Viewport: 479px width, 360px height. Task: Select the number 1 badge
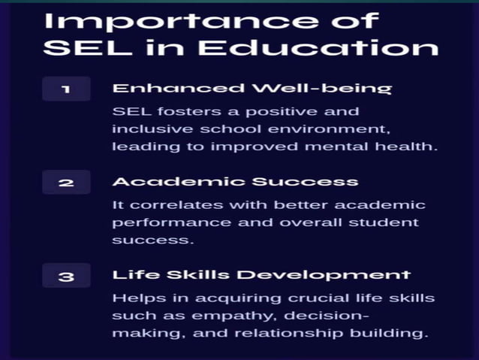[66, 89]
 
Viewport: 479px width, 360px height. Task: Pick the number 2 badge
[66, 183]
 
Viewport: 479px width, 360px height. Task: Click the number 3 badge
[66, 276]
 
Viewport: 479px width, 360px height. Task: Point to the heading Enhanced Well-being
[252, 89]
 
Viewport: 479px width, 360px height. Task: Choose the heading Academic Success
[235, 182]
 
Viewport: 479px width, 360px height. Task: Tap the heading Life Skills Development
[261, 275]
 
